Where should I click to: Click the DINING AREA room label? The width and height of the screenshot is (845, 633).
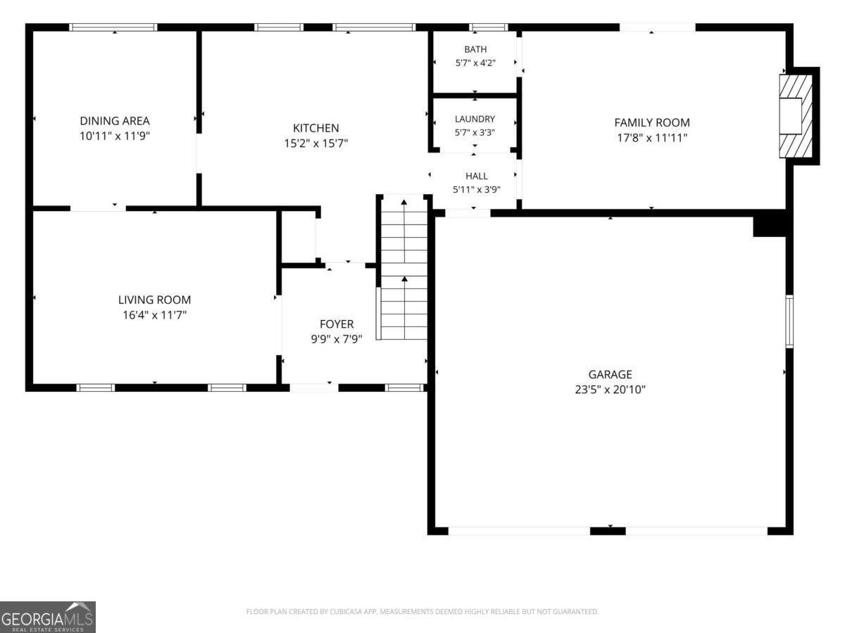115,121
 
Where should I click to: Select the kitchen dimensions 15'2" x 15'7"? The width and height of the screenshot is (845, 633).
316,143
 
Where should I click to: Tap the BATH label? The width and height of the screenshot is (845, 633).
475,49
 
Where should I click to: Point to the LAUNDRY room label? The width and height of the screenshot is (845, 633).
475,119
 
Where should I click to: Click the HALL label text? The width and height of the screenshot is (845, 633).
477,176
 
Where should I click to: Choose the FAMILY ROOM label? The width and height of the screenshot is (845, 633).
652,122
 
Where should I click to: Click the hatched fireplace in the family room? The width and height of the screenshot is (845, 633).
796,116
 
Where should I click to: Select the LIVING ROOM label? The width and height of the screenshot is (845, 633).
154,300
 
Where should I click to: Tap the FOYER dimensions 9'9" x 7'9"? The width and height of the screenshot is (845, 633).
337,340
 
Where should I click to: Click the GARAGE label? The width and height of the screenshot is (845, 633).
611,374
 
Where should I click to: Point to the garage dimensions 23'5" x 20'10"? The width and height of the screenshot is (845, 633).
611,390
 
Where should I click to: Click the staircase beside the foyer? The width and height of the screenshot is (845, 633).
403,268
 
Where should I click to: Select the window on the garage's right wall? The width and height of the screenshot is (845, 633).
789,321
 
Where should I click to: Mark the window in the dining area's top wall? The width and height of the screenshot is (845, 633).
113,27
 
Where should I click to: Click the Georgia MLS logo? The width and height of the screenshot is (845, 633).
47,618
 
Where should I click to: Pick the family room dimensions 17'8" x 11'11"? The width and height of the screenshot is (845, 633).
652,138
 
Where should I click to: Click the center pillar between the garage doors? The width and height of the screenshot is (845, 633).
608,531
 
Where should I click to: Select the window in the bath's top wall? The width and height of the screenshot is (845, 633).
489,27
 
